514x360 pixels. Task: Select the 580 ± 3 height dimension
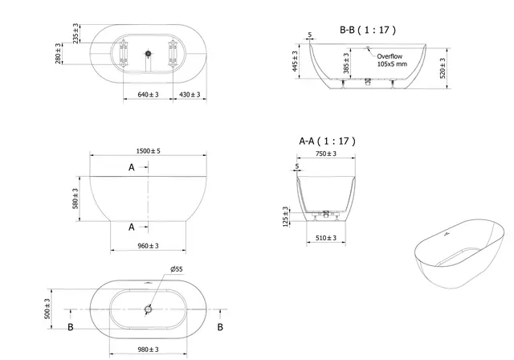(76, 198)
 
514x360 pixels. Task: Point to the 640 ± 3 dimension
(147, 95)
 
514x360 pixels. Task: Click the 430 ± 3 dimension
(190, 95)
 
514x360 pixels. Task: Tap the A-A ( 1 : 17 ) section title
(327, 141)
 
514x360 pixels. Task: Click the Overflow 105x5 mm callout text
(392, 59)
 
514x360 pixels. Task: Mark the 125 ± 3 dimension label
(285, 216)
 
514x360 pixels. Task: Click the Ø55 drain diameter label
(175, 269)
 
